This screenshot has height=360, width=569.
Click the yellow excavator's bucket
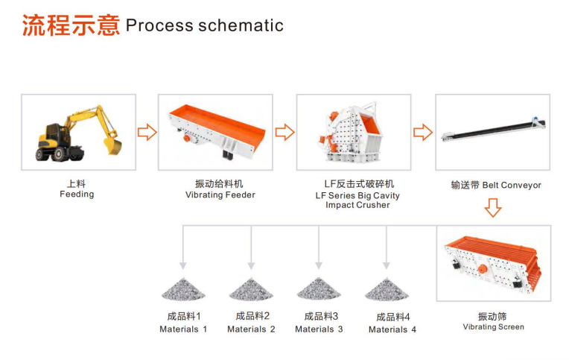coord(113,145)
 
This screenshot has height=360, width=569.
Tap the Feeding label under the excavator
coord(77,195)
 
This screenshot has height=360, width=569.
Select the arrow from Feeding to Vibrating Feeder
coord(147,132)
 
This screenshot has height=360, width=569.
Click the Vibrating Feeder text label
coord(220,195)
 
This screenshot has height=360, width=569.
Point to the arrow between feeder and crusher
coord(284,132)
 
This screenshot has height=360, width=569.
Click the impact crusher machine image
coord(351,133)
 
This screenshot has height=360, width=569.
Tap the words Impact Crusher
coord(357,205)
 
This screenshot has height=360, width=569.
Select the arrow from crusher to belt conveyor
coord(423,132)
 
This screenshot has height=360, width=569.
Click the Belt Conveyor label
coord(512,186)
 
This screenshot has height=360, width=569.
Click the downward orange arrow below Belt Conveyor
coord(493,208)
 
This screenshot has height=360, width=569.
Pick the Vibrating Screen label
coord(494,327)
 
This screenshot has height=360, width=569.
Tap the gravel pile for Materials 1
coord(183,288)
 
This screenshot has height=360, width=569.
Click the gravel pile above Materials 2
coord(251,288)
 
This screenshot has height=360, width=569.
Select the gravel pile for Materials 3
coord(319,288)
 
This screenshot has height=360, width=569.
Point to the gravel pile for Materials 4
coord(387,288)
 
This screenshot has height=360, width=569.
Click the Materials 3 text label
coord(319,329)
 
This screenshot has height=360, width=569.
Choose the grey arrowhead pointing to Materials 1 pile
coord(183,265)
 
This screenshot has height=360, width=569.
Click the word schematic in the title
coord(241,25)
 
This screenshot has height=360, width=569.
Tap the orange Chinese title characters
coord(71,25)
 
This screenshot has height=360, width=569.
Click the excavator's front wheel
coord(59,154)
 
